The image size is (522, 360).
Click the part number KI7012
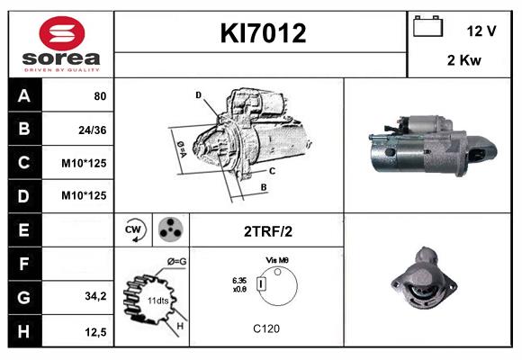[264, 33]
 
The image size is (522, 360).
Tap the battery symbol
[427, 28]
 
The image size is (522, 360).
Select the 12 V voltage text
[481, 31]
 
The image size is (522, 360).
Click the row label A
[24, 95]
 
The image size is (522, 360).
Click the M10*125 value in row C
[85, 163]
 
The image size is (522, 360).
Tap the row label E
[24, 229]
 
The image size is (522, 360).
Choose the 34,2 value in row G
[94, 296]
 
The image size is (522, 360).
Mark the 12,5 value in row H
[95, 332]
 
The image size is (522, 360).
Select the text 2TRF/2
[267, 230]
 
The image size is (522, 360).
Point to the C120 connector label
[266, 329]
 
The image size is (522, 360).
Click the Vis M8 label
[276, 259]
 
